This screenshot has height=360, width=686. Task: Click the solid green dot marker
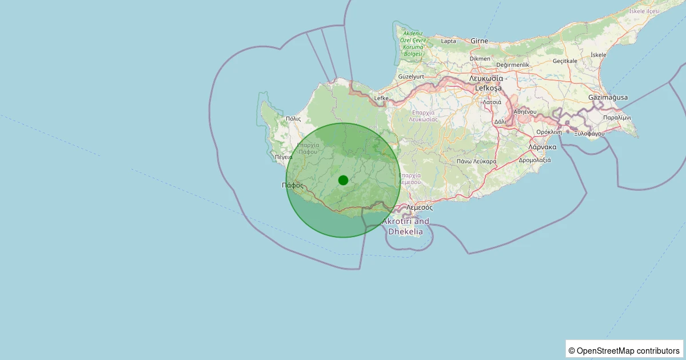[343, 180]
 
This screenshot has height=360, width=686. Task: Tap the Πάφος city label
[293, 185]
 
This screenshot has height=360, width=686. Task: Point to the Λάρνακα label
[543, 147]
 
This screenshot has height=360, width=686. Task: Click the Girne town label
[479, 41]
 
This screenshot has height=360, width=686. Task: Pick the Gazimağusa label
[608, 98]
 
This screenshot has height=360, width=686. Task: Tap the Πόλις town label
[293, 119]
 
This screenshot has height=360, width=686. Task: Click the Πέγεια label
[284, 157]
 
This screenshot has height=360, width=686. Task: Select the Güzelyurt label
[410, 77]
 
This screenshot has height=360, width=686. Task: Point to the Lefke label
[381, 98]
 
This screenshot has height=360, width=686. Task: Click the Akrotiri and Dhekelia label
[405, 226]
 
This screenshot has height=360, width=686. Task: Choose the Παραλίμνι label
[617, 117]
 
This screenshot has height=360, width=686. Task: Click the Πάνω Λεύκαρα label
[477, 162]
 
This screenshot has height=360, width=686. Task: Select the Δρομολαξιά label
[535, 160]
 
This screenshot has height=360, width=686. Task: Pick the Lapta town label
[449, 41]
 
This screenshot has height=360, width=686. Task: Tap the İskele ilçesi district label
[644, 11]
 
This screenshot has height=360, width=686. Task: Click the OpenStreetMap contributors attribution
[624, 350]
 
